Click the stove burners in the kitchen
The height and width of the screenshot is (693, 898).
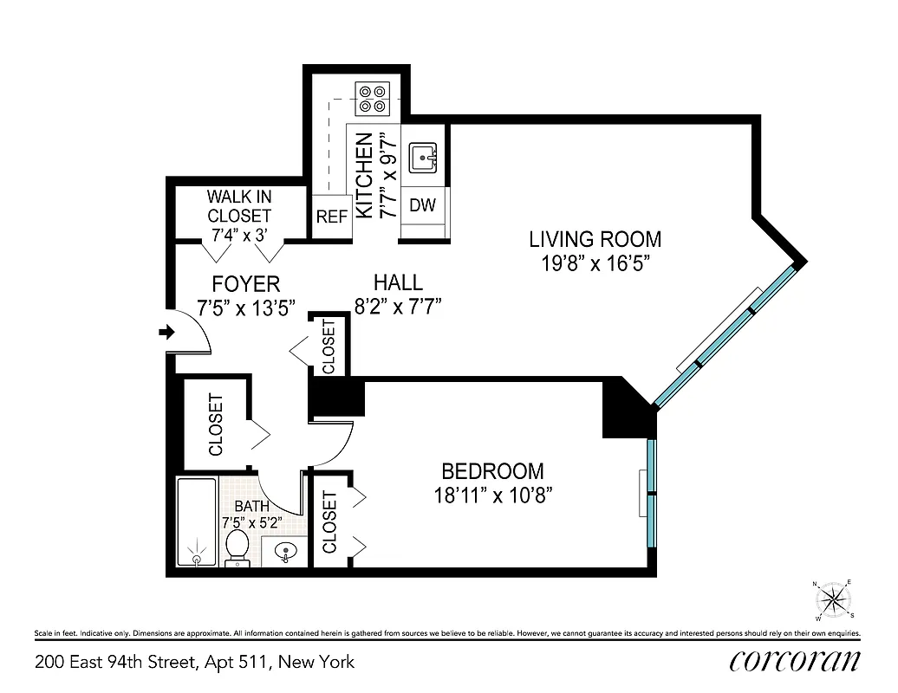click(x=374, y=98)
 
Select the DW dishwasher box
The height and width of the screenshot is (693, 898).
click(x=422, y=205)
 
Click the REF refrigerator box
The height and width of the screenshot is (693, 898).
click(x=331, y=217)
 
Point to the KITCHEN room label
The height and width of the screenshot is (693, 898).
click(x=365, y=175)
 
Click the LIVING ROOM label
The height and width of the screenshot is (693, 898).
click(x=595, y=239)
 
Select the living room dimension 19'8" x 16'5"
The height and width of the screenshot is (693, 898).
click(x=595, y=263)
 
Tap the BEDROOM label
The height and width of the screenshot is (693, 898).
click(x=492, y=471)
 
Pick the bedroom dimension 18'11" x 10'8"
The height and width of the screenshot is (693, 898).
click(x=492, y=495)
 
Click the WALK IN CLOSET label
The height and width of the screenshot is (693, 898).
click(x=238, y=206)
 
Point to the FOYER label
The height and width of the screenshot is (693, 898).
click(x=246, y=284)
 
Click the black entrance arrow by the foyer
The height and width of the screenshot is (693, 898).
click(x=167, y=332)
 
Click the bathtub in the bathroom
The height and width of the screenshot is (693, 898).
click(x=197, y=523)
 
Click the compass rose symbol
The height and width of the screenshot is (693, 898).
click(x=834, y=599)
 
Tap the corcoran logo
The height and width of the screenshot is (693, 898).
click(x=795, y=661)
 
